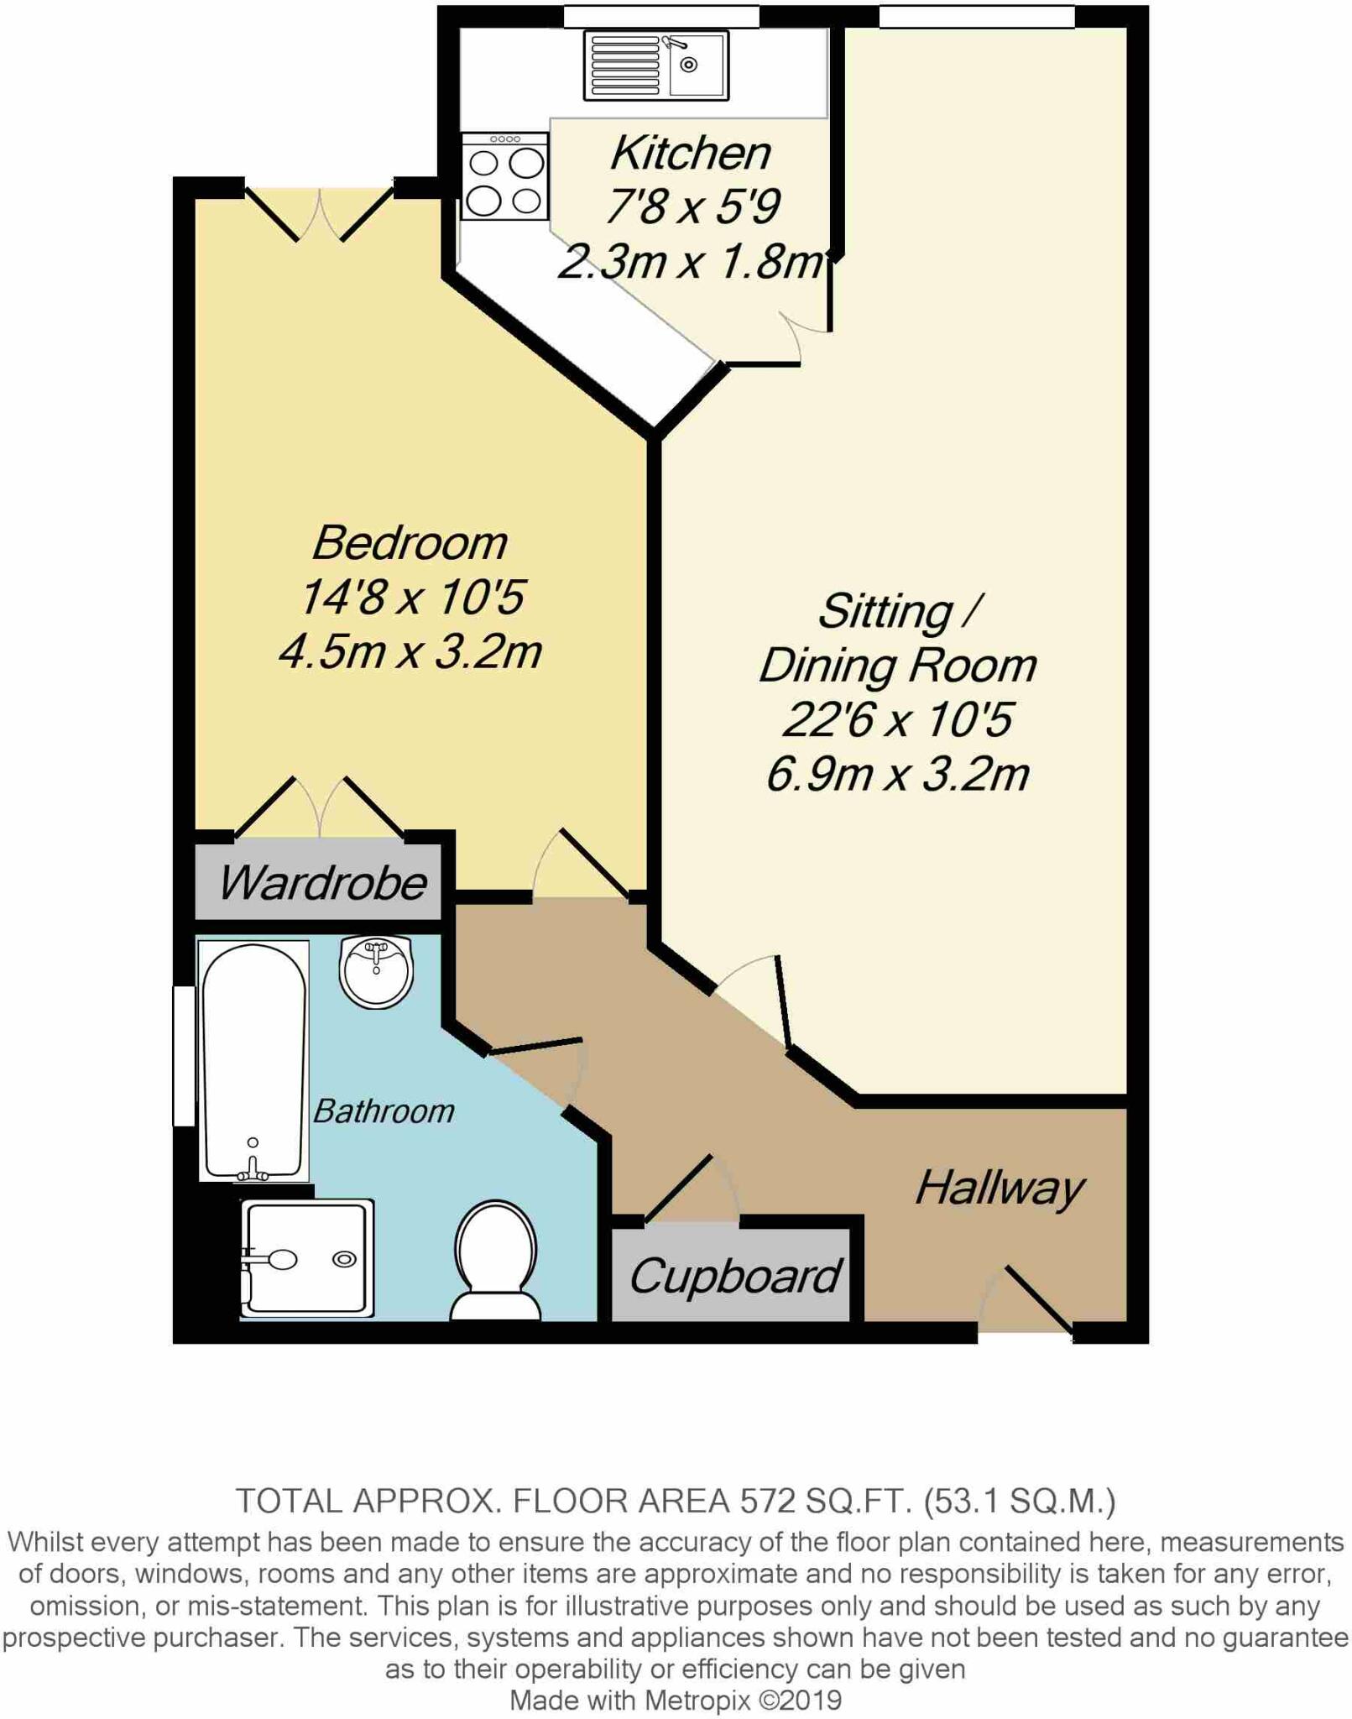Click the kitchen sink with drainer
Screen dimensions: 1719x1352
coord(655,65)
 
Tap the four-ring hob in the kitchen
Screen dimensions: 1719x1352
coord(504,176)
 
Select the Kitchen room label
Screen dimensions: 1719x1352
coord(690,153)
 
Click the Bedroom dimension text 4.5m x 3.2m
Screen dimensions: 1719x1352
coord(410,652)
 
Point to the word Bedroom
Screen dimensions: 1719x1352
coord(410,543)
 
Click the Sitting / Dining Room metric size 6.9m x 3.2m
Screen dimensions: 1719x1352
coord(897,774)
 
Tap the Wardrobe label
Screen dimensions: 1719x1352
coord(322,883)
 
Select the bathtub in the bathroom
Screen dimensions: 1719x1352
coord(253,1060)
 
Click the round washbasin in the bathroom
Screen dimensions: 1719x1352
coord(377,972)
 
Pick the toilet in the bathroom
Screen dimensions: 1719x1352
coord(495,1261)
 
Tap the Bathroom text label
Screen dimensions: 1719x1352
coord(384,1112)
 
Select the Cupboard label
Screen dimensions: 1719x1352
coord(733,1277)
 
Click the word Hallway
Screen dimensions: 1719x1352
coord(999,1189)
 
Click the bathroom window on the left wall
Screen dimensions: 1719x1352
coord(183,1055)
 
